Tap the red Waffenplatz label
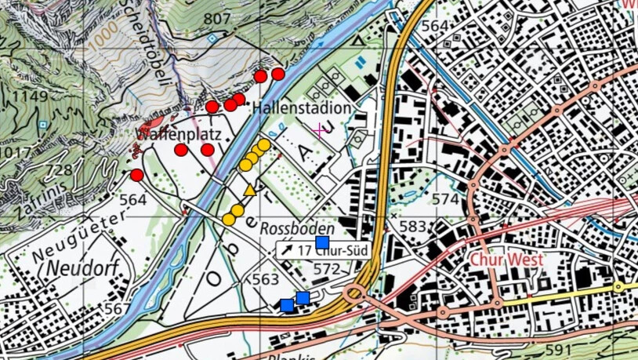point(177,134)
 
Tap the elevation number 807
point(217,19)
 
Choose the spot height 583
point(412,227)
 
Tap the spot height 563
point(266,280)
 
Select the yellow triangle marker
point(250,190)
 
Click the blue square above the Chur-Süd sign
point(321,242)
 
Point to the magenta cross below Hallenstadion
point(319,129)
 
